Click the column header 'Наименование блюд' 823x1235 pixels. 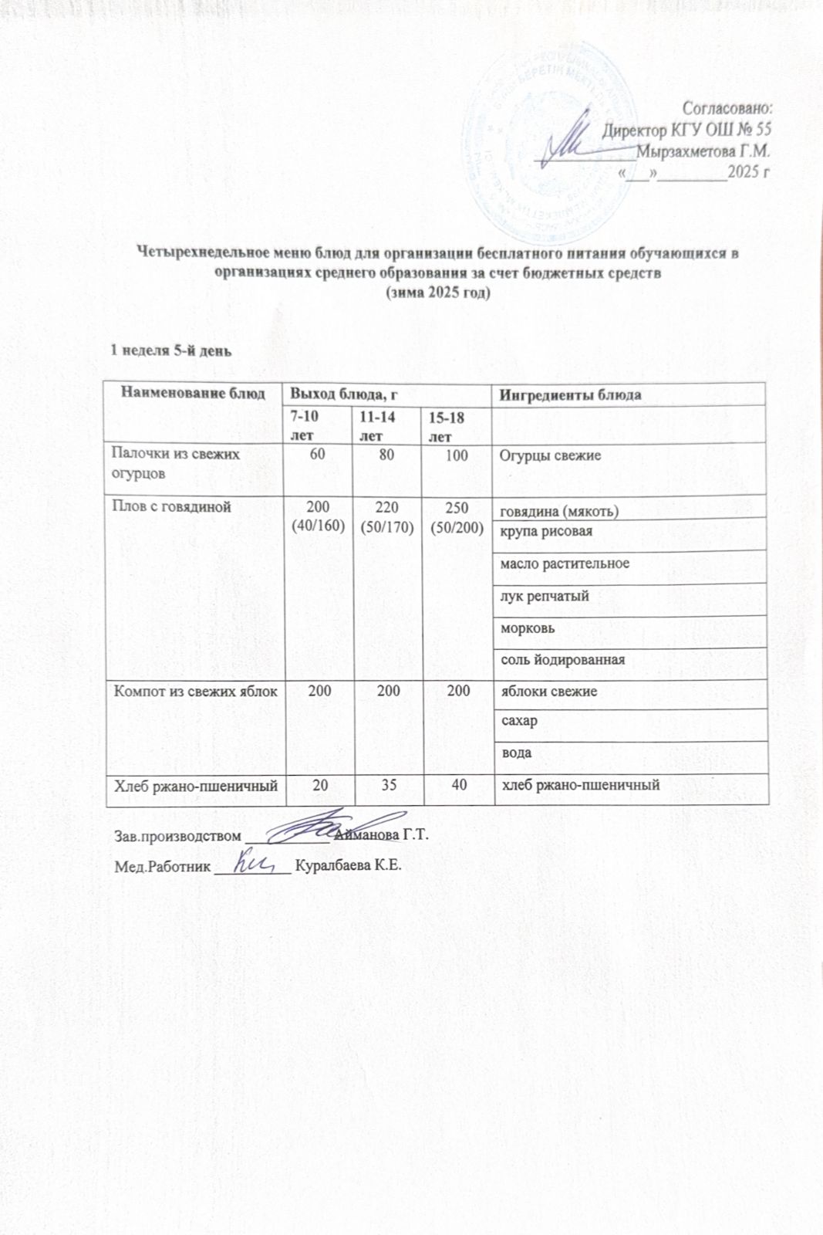(193, 394)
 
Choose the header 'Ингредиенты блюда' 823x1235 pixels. (571, 395)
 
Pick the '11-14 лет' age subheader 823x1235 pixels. (374, 425)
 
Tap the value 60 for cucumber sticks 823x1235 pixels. (317, 455)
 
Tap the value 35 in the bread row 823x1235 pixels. (388, 785)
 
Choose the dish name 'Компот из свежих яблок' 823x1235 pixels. (195, 691)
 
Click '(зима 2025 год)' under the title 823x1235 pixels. (437, 294)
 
